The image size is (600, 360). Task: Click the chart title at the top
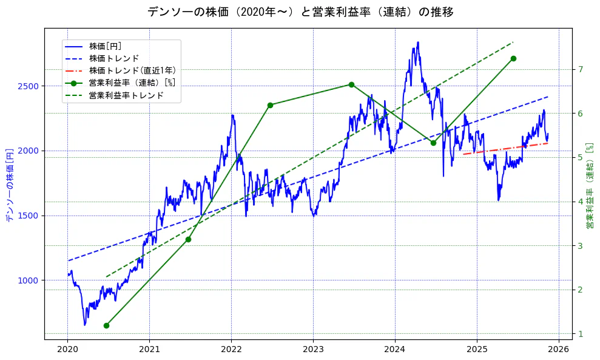tap(300, 12)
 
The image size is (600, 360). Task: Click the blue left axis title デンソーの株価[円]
tap(9, 184)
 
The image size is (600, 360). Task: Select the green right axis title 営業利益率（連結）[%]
tap(589, 186)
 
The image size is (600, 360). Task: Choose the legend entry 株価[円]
tap(105, 46)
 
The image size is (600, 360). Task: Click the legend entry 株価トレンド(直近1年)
tap(128, 70)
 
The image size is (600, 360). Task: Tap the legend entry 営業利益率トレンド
tap(126, 95)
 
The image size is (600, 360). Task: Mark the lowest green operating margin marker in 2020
tap(106, 325)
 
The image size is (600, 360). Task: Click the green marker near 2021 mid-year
tap(188, 239)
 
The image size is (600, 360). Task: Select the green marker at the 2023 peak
tap(351, 85)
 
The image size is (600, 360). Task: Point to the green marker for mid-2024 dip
tap(433, 143)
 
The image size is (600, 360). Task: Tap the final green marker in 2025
tap(513, 58)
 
